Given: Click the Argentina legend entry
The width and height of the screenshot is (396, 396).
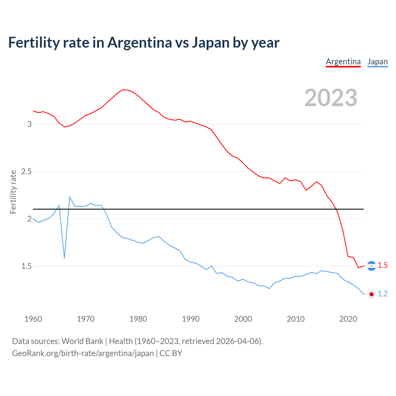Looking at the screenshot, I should (343, 62).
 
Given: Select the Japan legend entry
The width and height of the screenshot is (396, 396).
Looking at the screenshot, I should (377, 62).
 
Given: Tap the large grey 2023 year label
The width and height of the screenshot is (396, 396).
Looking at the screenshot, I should (331, 98).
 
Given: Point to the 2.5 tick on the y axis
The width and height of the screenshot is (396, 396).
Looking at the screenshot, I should (26, 171).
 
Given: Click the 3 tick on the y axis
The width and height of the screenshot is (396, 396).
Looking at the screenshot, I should (29, 124).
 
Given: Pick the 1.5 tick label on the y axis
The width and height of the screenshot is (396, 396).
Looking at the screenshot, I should (26, 266).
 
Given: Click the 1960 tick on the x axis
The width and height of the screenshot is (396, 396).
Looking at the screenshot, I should (33, 319).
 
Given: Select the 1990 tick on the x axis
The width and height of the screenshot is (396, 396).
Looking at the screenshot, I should (191, 319).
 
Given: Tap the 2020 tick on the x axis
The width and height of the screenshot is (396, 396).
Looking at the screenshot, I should (348, 319).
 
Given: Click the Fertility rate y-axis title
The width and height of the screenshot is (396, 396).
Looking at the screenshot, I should (13, 192).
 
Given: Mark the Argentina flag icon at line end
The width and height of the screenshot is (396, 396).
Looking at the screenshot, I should (371, 266).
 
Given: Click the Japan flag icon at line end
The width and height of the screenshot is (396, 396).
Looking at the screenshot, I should (371, 294).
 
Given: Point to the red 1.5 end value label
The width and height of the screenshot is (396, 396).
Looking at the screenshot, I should (383, 265).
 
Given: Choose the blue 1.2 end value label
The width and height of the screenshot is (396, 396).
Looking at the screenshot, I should (383, 294).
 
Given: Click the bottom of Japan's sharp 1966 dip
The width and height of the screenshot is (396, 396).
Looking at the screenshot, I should (64, 258).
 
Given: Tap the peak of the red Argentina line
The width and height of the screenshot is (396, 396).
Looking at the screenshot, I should (125, 90).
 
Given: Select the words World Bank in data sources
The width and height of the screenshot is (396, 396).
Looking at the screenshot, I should (82, 341).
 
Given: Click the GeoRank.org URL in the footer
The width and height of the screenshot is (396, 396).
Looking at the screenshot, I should (83, 353).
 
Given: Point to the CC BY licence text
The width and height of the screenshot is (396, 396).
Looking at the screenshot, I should (171, 353).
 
